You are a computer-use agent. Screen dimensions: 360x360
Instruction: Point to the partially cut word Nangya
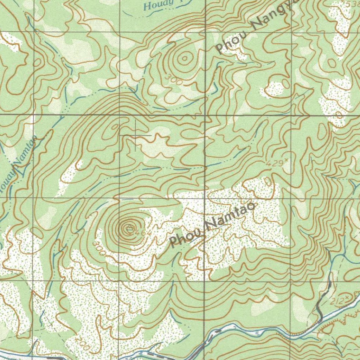click(x=274, y=16)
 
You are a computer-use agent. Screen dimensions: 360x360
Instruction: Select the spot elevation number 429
click(x=275, y=163)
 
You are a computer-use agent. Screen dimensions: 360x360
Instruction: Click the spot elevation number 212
click(x=338, y=301)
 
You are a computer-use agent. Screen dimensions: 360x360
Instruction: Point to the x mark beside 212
click(x=347, y=298)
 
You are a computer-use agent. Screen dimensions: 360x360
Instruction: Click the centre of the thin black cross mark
click(x=136, y=135)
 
